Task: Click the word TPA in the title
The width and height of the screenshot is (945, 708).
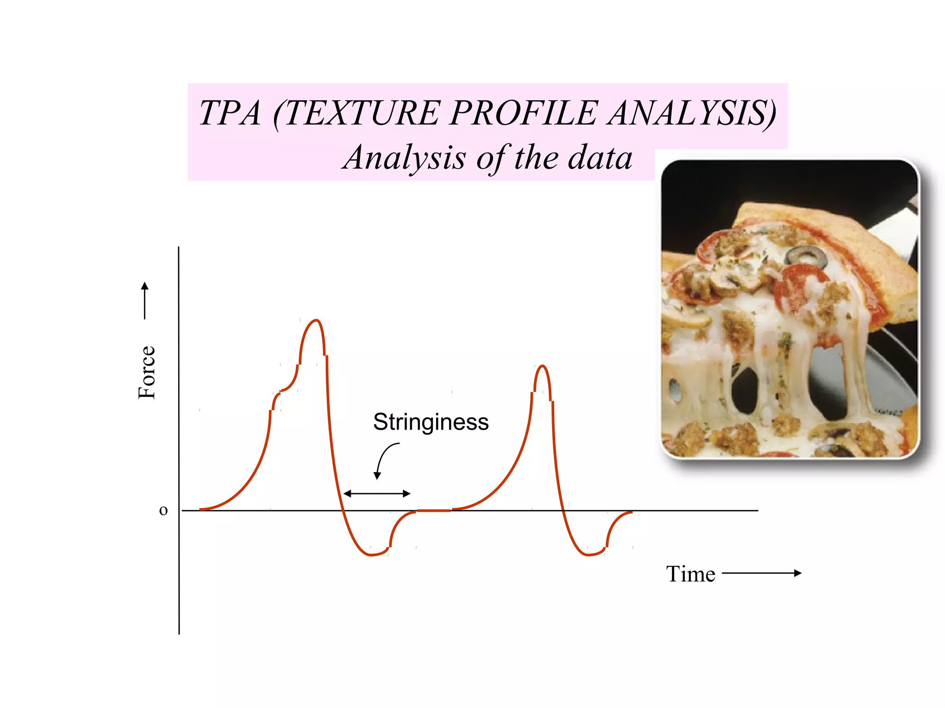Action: tap(230, 113)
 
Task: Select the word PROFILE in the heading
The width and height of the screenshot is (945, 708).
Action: tap(524, 113)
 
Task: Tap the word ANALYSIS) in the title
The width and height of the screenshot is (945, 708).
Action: tap(692, 113)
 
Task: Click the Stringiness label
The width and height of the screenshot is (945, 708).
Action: tap(431, 422)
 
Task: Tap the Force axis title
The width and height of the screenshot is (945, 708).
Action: tap(147, 372)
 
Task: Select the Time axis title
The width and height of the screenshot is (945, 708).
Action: tap(690, 574)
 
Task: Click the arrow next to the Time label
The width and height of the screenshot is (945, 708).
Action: tap(761, 573)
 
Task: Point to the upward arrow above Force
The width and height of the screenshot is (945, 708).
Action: tap(145, 300)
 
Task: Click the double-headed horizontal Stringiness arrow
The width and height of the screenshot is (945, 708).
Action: tap(377, 494)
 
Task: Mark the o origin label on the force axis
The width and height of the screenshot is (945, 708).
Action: tap(163, 510)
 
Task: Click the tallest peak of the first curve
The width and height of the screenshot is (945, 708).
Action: tap(316, 320)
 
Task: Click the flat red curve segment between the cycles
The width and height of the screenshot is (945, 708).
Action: tap(434, 510)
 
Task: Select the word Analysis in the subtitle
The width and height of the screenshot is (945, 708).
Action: tap(404, 158)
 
